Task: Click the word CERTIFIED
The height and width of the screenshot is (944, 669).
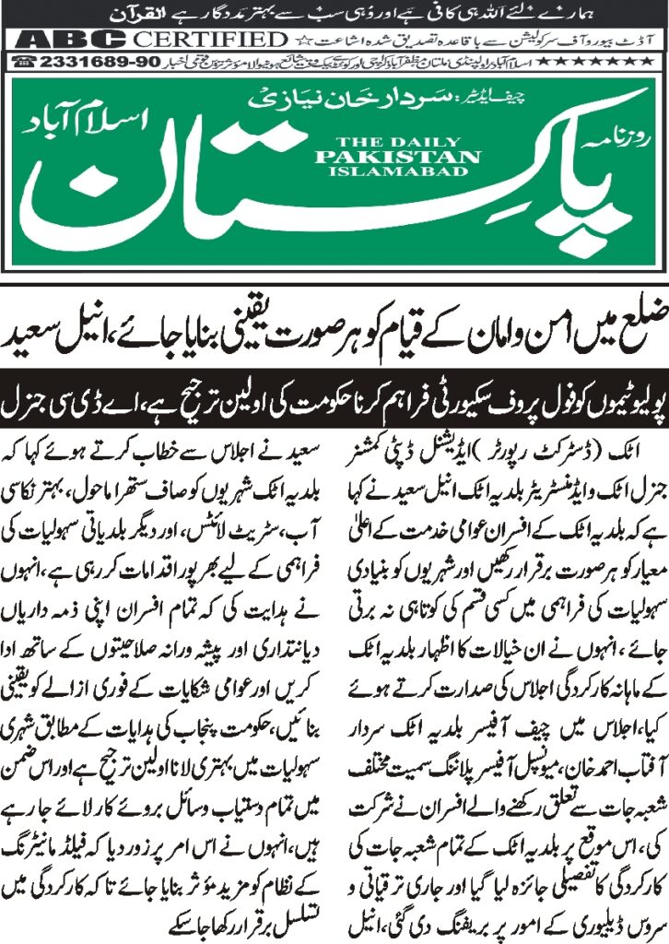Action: [211, 40]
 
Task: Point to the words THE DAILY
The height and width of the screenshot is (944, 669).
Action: [395, 141]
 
